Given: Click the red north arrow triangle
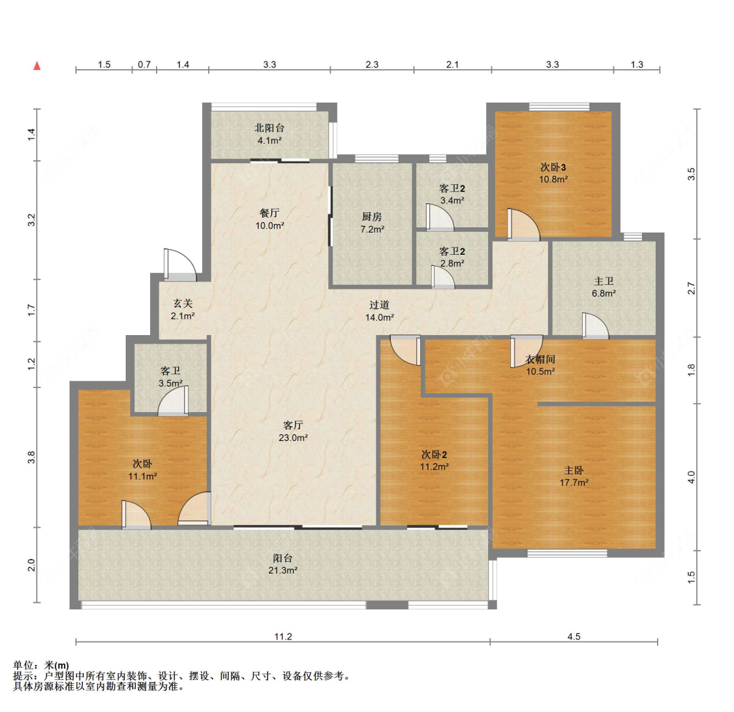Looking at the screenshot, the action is coord(37,65).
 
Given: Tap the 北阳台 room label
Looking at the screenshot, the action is coord(269,128).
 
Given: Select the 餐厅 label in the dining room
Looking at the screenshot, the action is coord(269,213).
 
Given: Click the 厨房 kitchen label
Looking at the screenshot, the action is coord(372,217).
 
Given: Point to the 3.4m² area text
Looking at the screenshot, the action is coord(452,201).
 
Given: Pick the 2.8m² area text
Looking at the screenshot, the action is coord(452,263).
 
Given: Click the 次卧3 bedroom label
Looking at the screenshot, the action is coord(553,167).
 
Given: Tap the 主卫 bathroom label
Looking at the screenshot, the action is coord(604,282).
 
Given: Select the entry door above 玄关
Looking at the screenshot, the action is coord(180,265).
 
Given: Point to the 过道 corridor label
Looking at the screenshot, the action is coord(379,305).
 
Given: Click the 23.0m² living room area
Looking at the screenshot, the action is coord(293,438).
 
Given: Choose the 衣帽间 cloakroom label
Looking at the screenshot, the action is coord(540,359).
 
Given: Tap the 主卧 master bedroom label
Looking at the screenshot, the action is coord(574,470).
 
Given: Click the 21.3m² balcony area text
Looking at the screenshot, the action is coord(283,570).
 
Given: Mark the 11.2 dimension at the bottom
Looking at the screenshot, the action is coord(283,636).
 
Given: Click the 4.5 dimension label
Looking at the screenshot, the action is coord(574,636).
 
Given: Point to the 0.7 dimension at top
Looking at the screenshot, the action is coord(144,65).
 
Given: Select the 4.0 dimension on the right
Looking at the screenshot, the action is coord(692,477).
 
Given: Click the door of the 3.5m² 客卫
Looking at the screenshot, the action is coord(173,401).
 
